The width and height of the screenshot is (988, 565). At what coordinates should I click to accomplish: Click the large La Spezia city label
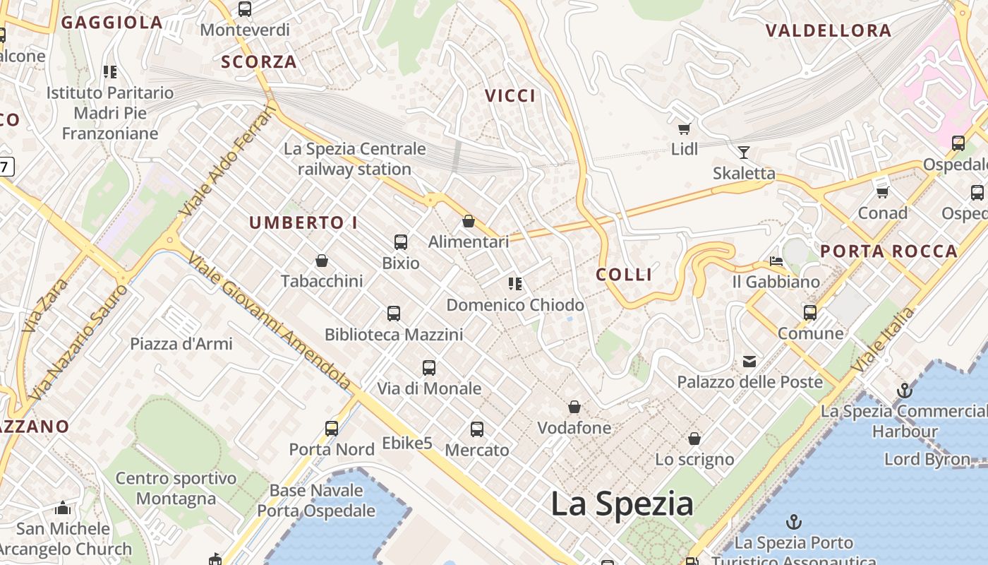pyautogui.click(x=622, y=504)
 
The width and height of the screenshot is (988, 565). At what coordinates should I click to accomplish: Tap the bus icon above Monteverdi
pyautogui.click(x=245, y=9)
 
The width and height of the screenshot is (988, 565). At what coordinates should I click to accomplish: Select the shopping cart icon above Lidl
pyautogui.click(x=684, y=128)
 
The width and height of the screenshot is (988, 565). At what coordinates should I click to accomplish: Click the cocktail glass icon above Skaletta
pyautogui.click(x=743, y=152)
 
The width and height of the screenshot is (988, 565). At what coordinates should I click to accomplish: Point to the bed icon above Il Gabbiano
pyautogui.click(x=776, y=261)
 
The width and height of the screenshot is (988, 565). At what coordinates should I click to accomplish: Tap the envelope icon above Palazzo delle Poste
pyautogui.click(x=749, y=362)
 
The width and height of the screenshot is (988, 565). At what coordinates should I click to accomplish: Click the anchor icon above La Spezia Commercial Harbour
pyautogui.click(x=904, y=391)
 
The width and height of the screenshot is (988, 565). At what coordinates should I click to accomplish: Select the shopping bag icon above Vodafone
pyautogui.click(x=574, y=408)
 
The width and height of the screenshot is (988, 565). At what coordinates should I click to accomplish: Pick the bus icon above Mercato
pyautogui.click(x=477, y=429)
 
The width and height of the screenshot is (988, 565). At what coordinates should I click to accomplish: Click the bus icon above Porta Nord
pyautogui.click(x=332, y=428)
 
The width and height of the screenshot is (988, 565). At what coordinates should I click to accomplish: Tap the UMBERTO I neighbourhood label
pyautogui.click(x=303, y=223)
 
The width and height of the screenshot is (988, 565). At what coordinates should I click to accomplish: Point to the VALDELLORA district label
pyautogui.click(x=829, y=30)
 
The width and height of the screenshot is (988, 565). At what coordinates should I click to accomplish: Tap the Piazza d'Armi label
pyautogui.click(x=181, y=344)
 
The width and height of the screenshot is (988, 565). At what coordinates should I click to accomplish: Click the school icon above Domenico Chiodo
pyautogui.click(x=515, y=284)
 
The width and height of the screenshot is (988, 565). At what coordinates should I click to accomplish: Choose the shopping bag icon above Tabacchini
pyautogui.click(x=322, y=261)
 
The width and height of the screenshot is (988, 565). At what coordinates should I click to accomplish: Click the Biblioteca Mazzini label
pyautogui.click(x=394, y=334)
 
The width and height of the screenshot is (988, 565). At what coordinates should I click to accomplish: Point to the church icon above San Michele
pyautogui.click(x=63, y=508)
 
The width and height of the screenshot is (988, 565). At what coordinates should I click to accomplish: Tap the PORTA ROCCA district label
pyautogui.click(x=888, y=251)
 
